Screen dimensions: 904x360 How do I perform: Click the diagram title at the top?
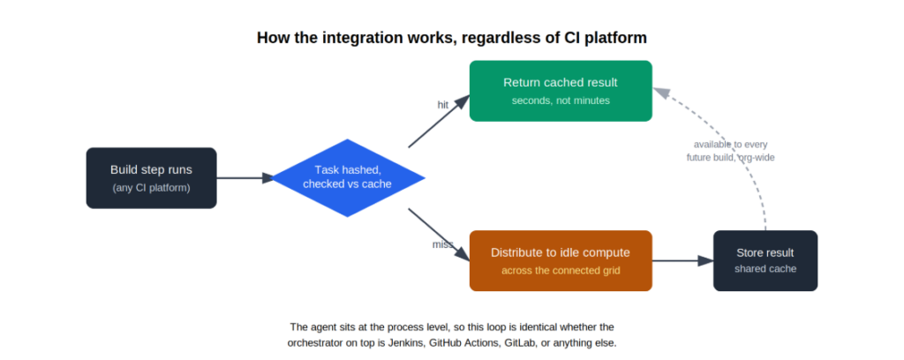tap(451, 38)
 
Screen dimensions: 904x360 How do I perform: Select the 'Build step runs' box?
tap(152, 178)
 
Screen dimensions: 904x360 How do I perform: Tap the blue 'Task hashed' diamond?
tap(348, 178)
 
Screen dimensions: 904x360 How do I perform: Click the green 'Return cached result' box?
tap(561, 91)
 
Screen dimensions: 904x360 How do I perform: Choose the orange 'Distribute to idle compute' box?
tap(561, 261)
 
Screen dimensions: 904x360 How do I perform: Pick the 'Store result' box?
tap(765, 261)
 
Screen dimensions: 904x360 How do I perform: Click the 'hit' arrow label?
tap(443, 105)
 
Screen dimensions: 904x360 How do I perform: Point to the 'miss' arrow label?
tap(443, 244)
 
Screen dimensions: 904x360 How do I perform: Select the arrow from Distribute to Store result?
tap(683, 261)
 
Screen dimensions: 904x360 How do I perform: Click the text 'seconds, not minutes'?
tap(561, 101)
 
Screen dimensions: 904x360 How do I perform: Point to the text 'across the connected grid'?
tap(561, 270)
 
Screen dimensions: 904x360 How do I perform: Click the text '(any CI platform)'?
tap(152, 188)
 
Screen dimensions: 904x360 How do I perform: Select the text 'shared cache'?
tap(765, 269)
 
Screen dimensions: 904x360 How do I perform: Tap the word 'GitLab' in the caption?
tap(521, 342)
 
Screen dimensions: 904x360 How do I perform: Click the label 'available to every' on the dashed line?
tap(730, 145)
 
